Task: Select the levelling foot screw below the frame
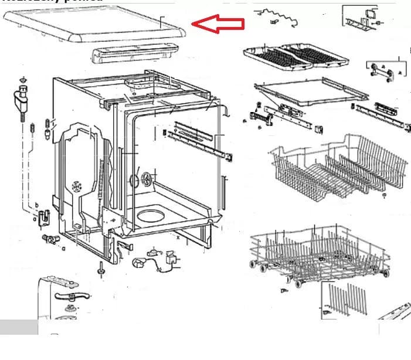[x=101, y=270]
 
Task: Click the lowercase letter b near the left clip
[x=36, y=204]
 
